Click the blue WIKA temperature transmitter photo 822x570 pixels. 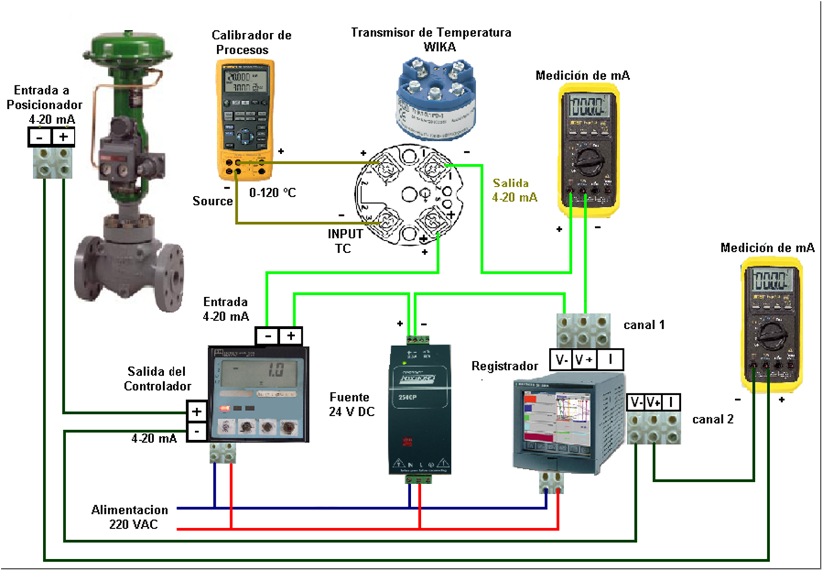[x=436, y=98]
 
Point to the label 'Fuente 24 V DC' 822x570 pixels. [x=352, y=404]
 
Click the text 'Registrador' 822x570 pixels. [x=505, y=366]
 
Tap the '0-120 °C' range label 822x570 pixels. [x=273, y=192]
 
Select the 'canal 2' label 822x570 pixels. [x=712, y=419]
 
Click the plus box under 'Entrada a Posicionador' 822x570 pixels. [x=63, y=138]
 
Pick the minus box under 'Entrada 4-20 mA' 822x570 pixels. [x=267, y=336]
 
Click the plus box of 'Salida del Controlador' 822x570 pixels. [x=196, y=412]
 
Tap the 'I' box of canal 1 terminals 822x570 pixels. [x=610, y=359]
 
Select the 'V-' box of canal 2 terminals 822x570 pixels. [x=636, y=402]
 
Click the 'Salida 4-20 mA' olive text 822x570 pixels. [x=514, y=190]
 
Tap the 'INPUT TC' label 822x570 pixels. [x=345, y=241]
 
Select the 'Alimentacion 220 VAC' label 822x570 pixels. [x=130, y=517]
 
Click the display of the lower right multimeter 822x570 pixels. [x=770, y=279]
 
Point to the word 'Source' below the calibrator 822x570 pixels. [x=212, y=201]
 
